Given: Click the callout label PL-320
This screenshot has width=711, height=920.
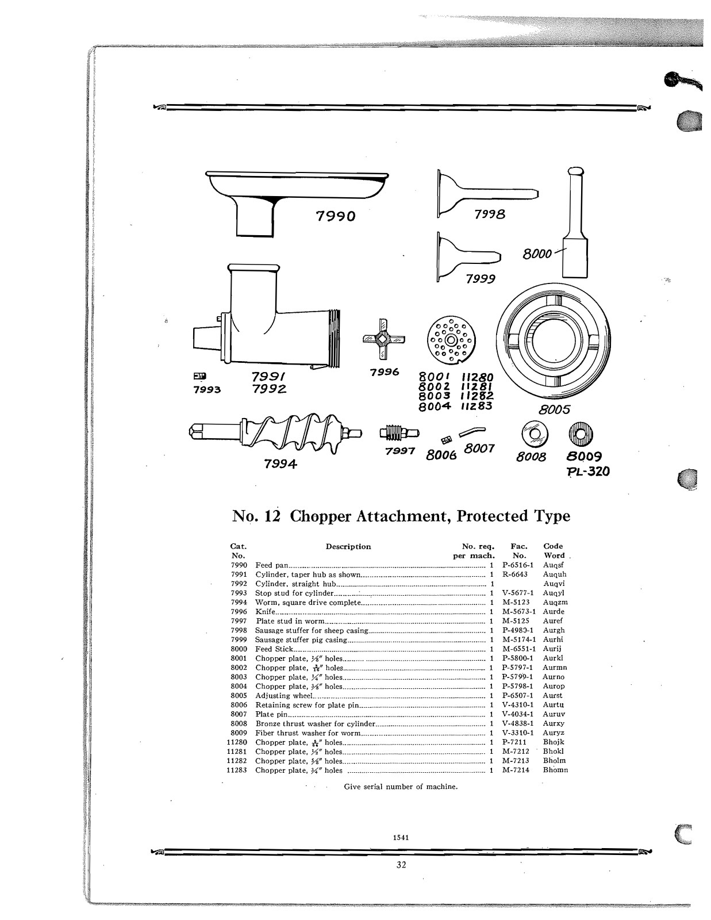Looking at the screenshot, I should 588,472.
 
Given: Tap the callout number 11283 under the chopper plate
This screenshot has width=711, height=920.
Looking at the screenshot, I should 476,406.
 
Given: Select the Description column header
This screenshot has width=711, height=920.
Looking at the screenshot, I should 348,546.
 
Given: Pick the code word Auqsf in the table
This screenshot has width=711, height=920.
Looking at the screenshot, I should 554,565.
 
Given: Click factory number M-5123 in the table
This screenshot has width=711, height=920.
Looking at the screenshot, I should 516,602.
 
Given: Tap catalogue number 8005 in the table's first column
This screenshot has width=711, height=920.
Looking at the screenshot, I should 239,695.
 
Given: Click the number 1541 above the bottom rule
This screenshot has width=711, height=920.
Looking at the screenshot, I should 401,837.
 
